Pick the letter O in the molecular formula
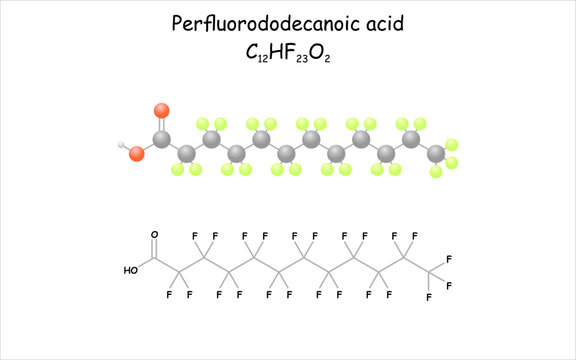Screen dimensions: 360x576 pos(315,52)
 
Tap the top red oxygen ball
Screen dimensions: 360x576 pos(162,110)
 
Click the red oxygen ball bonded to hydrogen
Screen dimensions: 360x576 pos(137,153)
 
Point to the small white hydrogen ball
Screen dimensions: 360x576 pos(122,146)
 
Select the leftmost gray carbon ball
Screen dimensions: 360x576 pos(161,139)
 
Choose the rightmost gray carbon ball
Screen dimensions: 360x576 pos(436,153)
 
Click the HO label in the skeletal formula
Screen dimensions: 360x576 pos(130,270)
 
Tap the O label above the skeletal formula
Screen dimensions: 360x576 pos(154,235)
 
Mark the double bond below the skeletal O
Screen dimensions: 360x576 pos(155,249)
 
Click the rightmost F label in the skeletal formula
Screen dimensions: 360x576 pos(450,287)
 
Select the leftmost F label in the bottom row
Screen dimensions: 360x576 pos(170,295)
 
